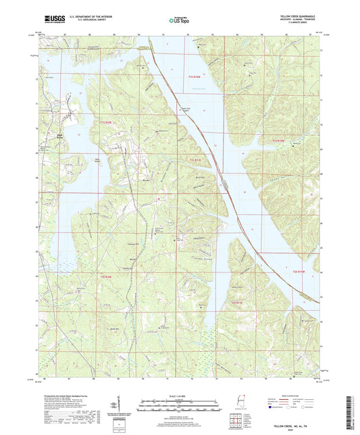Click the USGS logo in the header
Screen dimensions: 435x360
(x=51, y=20)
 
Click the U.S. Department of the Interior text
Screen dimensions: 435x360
(x=84, y=16)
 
